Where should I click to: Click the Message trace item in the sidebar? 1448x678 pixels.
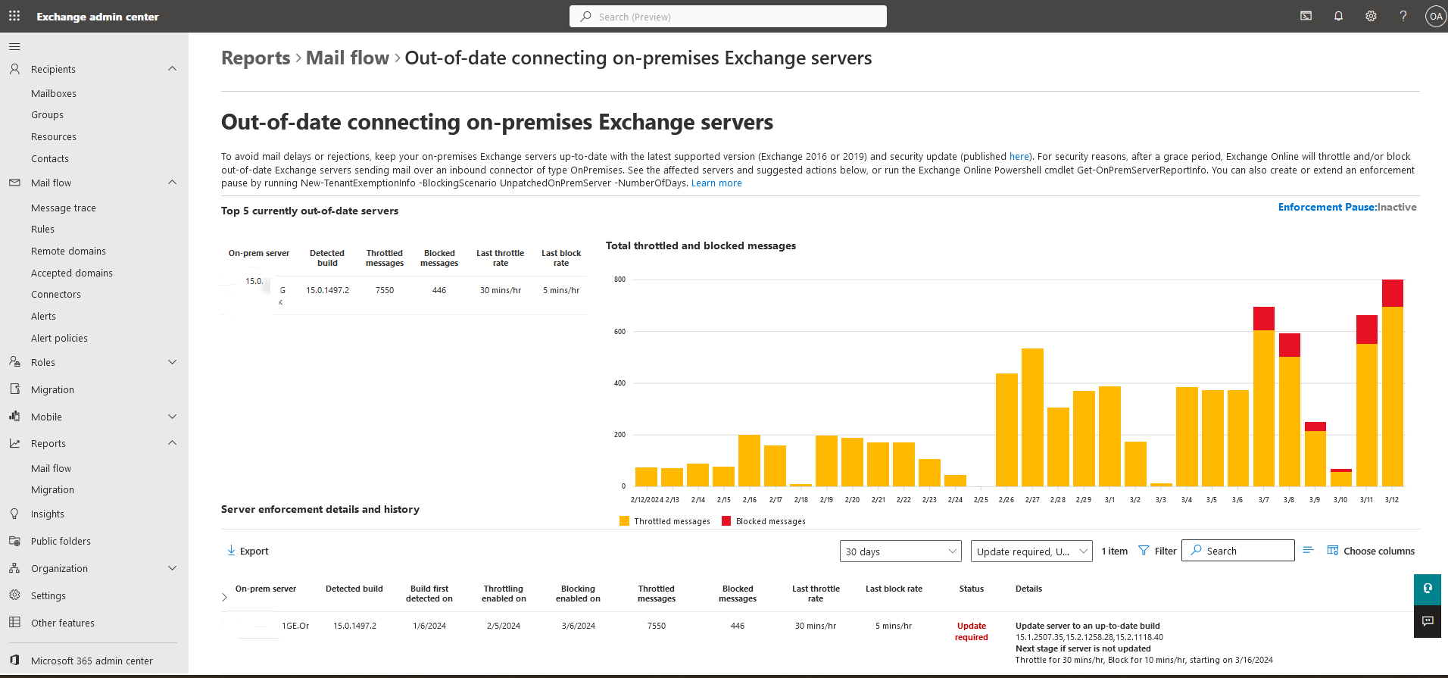pos(64,208)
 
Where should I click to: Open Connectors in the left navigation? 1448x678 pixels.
pos(56,294)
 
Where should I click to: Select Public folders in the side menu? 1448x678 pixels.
pos(61,541)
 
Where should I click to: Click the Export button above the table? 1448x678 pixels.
pos(248,551)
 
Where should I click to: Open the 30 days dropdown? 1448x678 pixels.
pos(900,551)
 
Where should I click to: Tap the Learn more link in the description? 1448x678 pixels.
pos(716,183)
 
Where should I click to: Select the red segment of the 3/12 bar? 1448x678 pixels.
pos(1393,293)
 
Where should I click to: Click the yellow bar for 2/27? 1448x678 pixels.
pos(1032,417)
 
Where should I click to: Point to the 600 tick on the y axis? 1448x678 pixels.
pos(620,331)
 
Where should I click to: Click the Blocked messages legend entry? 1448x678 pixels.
pos(763,521)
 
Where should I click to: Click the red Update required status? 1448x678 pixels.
pos(972,631)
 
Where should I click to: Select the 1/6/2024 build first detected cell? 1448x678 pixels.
pos(429,626)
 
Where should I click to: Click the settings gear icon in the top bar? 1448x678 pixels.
pos(1371,16)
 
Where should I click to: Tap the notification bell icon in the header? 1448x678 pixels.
pos(1338,16)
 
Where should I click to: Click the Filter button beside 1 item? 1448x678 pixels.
pos(1158,551)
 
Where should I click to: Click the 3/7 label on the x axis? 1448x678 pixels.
pos(1264,500)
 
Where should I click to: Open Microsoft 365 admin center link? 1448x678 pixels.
pos(92,661)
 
